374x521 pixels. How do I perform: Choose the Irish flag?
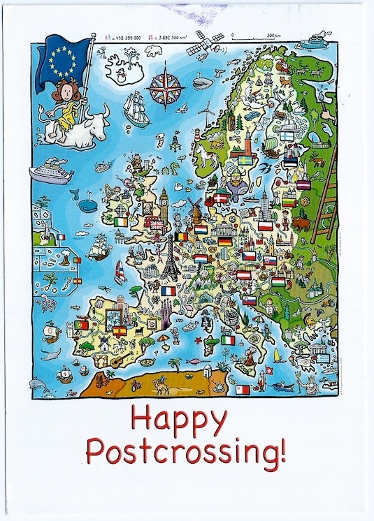click(122, 221)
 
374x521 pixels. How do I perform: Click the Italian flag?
click(229, 340)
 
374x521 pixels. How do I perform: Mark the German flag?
click(224, 242)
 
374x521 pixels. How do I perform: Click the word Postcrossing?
click(186, 453)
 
